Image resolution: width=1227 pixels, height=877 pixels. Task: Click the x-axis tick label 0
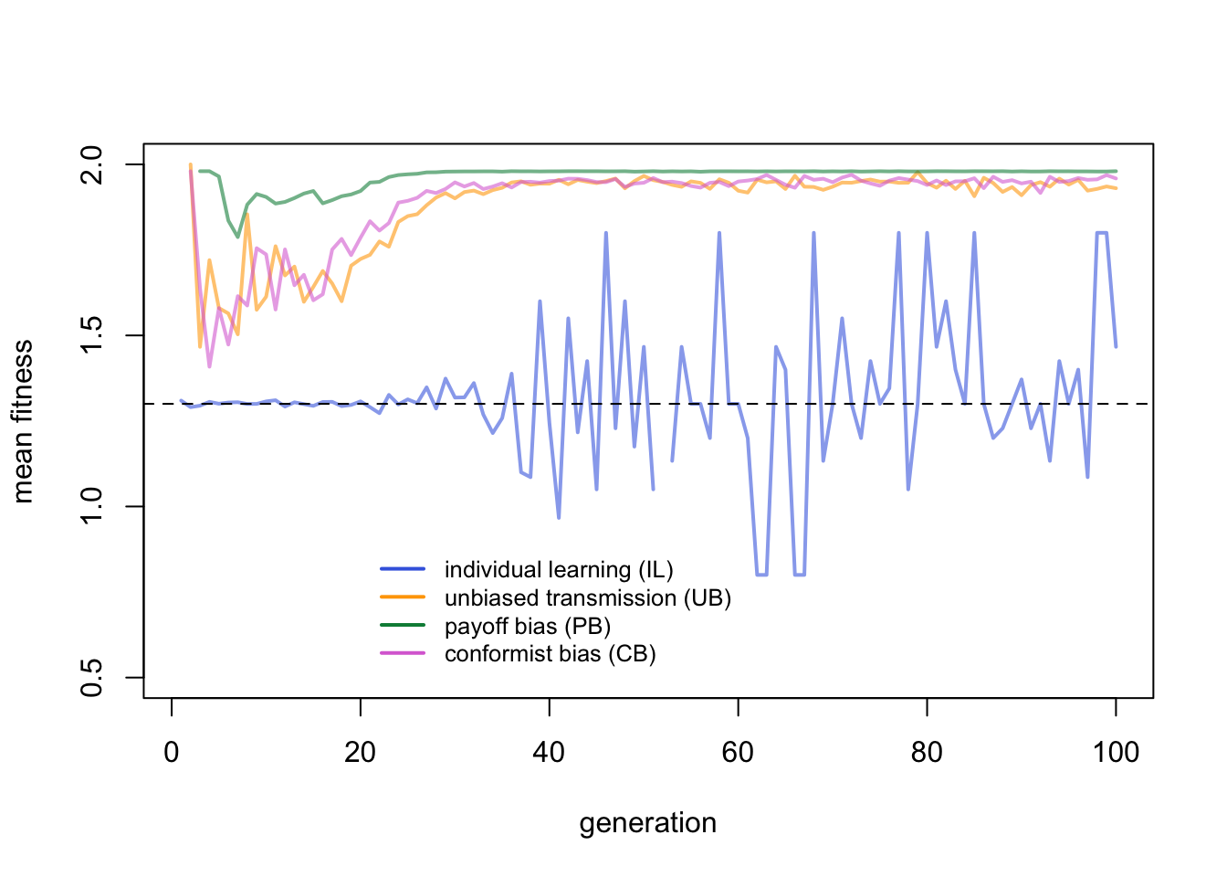172,753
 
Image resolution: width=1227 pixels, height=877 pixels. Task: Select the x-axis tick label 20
361,753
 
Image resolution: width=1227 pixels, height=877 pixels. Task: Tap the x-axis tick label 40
550,753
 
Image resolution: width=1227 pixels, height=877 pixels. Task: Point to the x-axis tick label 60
738,753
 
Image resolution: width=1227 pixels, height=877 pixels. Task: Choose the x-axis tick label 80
927,753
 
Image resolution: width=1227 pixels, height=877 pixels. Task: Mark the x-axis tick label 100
1116,753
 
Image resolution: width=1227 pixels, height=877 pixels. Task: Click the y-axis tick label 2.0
92,164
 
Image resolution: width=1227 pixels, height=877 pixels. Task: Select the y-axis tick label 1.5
92,335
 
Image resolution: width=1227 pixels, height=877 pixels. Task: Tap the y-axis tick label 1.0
92,506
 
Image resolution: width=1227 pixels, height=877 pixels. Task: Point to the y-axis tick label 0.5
92,677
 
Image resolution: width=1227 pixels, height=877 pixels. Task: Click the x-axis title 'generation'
648,823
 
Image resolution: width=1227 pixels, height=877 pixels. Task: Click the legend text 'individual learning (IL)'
559,570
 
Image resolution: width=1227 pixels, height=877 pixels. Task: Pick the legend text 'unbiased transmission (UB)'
588,598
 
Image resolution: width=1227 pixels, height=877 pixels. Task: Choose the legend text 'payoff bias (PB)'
528,627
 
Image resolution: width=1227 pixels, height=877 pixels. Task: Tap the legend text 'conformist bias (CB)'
551,654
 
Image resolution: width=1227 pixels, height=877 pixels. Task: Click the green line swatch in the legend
403,626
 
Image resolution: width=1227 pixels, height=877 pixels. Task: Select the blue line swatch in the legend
403,569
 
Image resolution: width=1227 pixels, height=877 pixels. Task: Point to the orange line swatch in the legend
403,597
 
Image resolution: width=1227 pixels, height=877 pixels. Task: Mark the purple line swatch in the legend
403,654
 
